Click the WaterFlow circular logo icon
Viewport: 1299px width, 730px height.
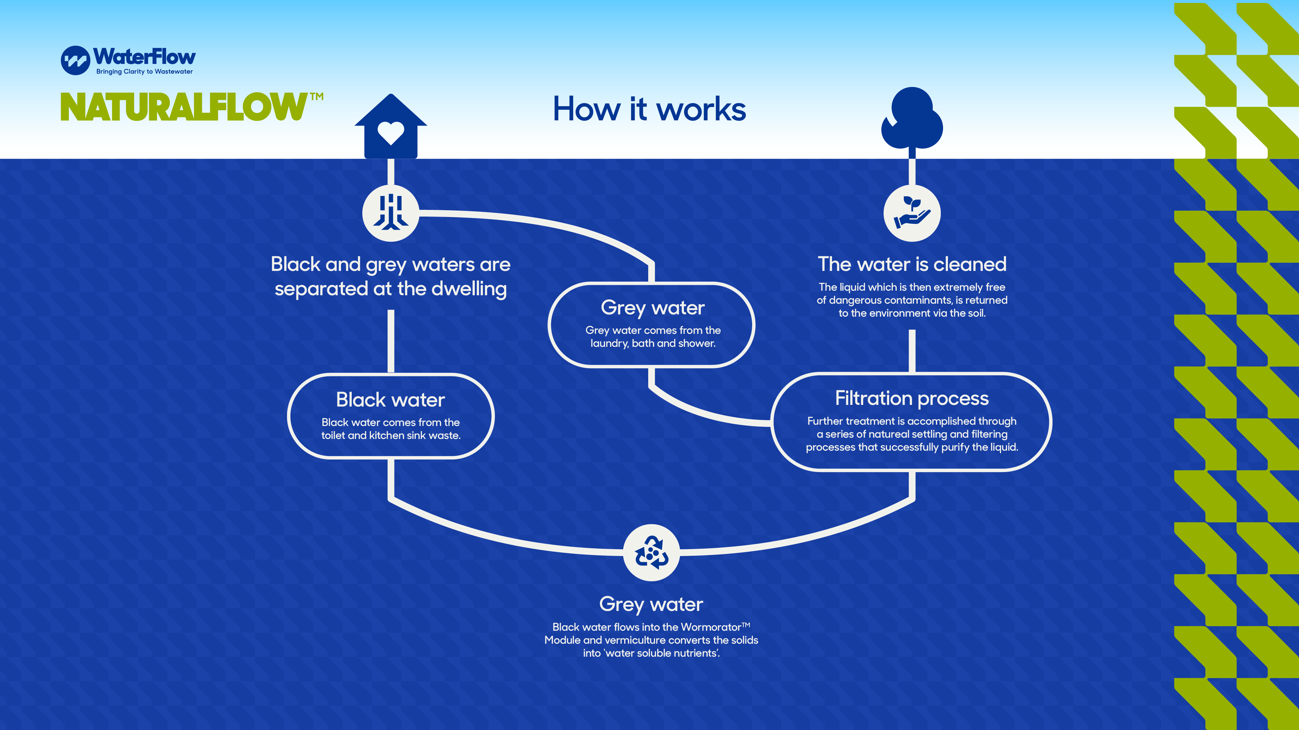point(75,60)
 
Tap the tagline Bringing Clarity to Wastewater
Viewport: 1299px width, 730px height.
point(144,71)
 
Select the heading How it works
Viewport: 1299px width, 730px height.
point(649,109)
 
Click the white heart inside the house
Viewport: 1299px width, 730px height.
point(391,132)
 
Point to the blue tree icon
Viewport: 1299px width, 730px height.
point(912,119)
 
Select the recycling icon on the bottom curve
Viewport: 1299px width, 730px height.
point(651,553)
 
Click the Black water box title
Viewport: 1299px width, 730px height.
point(390,399)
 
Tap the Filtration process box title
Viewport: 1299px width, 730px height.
point(912,398)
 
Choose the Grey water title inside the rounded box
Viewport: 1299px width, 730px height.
point(652,307)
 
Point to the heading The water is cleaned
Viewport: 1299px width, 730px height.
point(912,264)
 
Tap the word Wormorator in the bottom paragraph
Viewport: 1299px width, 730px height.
point(711,627)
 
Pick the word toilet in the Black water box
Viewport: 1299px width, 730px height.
point(333,435)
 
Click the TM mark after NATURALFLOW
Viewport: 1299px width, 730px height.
point(317,96)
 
